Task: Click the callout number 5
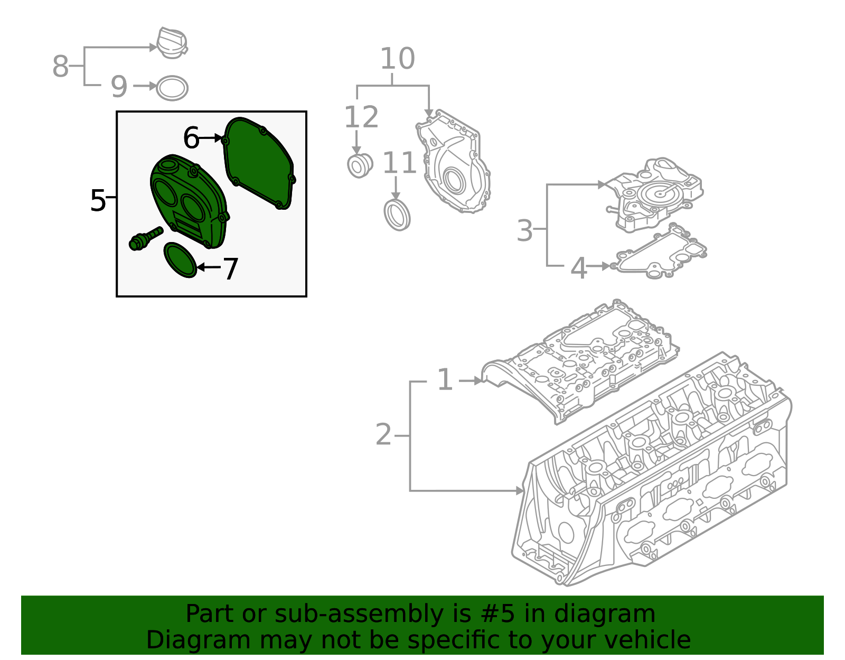coord(98,201)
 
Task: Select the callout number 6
coord(191,138)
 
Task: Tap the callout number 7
coord(231,269)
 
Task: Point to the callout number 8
coord(61,67)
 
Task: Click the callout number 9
coord(119,87)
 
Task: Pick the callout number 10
coord(398,59)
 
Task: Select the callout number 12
coord(361,117)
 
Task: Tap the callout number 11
coord(399,163)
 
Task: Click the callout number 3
coord(524,230)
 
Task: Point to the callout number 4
coord(579,268)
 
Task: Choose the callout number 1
coord(445,380)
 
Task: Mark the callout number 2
coord(384,435)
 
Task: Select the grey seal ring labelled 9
coord(172,89)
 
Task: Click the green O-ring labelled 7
coord(180,259)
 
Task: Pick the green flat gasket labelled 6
coord(259,164)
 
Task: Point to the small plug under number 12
coord(360,165)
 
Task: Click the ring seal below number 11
coord(397,215)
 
